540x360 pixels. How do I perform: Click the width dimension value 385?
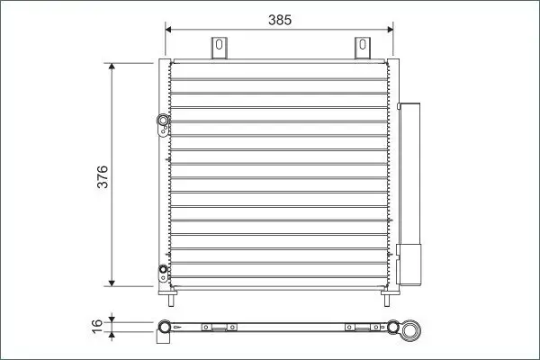point(280,20)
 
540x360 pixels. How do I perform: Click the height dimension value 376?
point(103,176)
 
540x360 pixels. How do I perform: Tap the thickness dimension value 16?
point(97,326)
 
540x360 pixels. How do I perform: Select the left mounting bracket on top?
point(219,48)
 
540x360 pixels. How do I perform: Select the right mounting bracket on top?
point(363,48)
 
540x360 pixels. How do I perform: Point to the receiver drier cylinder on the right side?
point(409,194)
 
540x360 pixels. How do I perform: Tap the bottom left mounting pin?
point(171,301)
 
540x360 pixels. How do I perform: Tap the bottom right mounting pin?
point(387,301)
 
